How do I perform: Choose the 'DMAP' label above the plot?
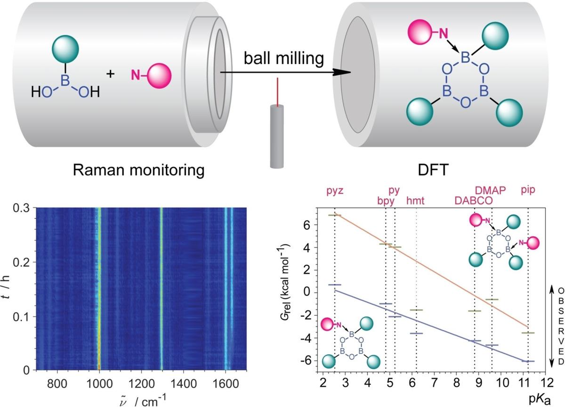point(491,190)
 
